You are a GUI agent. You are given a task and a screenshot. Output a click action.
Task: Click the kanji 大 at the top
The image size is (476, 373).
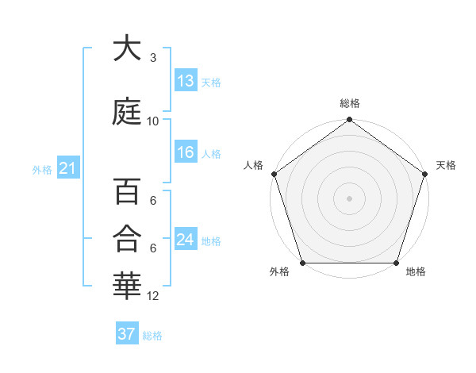[x=127, y=49]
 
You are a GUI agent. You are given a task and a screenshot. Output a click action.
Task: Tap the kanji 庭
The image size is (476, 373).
[x=127, y=112]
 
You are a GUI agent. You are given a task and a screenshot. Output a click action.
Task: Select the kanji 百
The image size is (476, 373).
[x=127, y=192]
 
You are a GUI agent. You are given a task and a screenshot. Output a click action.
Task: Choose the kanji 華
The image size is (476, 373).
[x=127, y=286]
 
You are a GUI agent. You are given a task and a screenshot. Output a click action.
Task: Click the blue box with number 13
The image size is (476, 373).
[x=186, y=80]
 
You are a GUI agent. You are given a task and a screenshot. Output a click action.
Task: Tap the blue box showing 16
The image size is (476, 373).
[x=186, y=153]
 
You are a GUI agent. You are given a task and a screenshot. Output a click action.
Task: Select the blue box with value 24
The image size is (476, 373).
[x=186, y=240]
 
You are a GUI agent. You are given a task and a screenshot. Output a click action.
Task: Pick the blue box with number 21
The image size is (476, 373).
[x=67, y=168]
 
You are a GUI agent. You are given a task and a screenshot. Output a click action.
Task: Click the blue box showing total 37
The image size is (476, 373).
[x=127, y=335]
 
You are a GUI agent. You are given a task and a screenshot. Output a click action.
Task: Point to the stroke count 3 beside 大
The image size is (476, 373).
[x=153, y=58]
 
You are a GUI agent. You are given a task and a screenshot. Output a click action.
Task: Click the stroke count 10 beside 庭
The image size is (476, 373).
[x=153, y=121]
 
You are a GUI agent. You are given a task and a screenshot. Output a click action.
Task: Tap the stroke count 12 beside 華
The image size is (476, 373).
[x=153, y=296]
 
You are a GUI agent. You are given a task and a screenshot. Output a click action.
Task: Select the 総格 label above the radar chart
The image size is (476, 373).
[x=349, y=103]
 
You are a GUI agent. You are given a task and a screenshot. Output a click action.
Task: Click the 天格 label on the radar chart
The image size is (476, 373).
[x=446, y=165]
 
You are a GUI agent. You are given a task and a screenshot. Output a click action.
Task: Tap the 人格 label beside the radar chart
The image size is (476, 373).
[x=253, y=165]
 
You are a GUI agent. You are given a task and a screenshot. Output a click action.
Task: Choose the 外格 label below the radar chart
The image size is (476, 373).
[x=279, y=272]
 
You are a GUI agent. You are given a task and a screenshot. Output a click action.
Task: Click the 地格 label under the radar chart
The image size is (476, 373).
[x=416, y=272]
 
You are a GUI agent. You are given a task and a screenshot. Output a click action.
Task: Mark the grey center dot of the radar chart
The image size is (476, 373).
[x=349, y=198]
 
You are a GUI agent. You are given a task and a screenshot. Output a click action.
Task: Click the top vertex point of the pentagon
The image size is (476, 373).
[x=349, y=121]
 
